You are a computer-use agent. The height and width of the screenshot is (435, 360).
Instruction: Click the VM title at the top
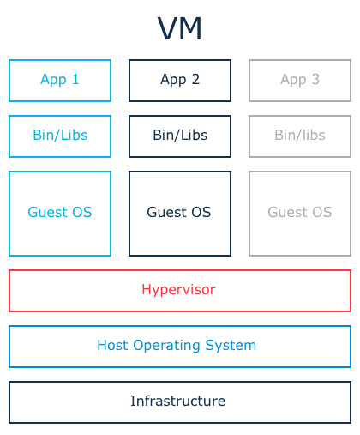pyautogui.click(x=180, y=28)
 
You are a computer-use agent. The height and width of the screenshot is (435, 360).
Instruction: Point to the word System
pyautogui.click(x=231, y=346)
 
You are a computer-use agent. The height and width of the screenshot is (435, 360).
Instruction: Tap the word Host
pyautogui.click(x=112, y=345)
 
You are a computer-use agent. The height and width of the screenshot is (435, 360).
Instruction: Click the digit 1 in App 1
pyautogui.click(x=75, y=79)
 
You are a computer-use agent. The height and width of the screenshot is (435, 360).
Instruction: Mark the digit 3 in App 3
pyautogui.click(x=315, y=79)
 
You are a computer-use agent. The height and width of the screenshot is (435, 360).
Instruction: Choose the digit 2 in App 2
pyautogui.click(x=195, y=79)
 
